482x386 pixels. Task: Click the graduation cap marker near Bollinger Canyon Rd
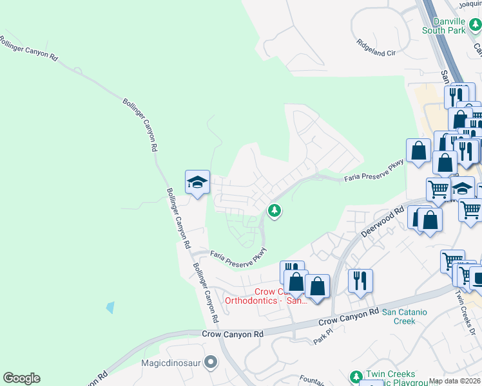(197, 183)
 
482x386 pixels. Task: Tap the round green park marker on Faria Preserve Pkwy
(275, 210)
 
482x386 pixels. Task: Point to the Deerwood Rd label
(383, 222)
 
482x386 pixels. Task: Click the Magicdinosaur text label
(171, 362)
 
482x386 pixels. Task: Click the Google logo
(21, 378)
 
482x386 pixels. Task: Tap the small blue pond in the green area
(110, 308)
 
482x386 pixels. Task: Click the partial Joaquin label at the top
(469, 3)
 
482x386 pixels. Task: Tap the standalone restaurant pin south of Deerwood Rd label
(359, 280)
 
